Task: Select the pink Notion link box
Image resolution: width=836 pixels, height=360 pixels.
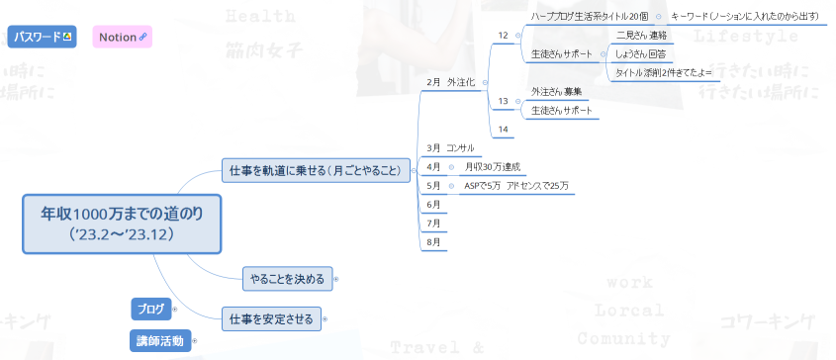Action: point(123,37)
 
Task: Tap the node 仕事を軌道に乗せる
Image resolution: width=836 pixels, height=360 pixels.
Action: point(315,170)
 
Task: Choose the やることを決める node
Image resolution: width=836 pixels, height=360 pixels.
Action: point(288,278)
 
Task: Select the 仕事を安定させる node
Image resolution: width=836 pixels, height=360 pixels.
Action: point(271,318)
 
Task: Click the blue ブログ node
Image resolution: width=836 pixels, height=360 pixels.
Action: point(151,309)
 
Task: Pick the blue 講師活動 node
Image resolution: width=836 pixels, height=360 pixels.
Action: point(159,341)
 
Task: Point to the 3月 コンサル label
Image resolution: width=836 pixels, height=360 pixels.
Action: point(450,147)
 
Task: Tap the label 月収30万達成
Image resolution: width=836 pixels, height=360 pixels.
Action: point(492,166)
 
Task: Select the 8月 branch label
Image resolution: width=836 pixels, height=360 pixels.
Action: point(433,241)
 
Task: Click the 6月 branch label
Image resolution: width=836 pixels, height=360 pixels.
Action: point(433,204)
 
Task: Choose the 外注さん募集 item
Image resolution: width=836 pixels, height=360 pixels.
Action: point(556,91)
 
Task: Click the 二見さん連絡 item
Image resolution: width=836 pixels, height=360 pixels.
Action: point(641,35)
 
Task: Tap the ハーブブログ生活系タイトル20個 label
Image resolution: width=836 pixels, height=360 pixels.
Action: point(590,16)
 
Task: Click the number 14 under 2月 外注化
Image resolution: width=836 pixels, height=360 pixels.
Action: point(503,129)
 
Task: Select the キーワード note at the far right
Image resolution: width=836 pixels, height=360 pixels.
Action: point(744,16)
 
